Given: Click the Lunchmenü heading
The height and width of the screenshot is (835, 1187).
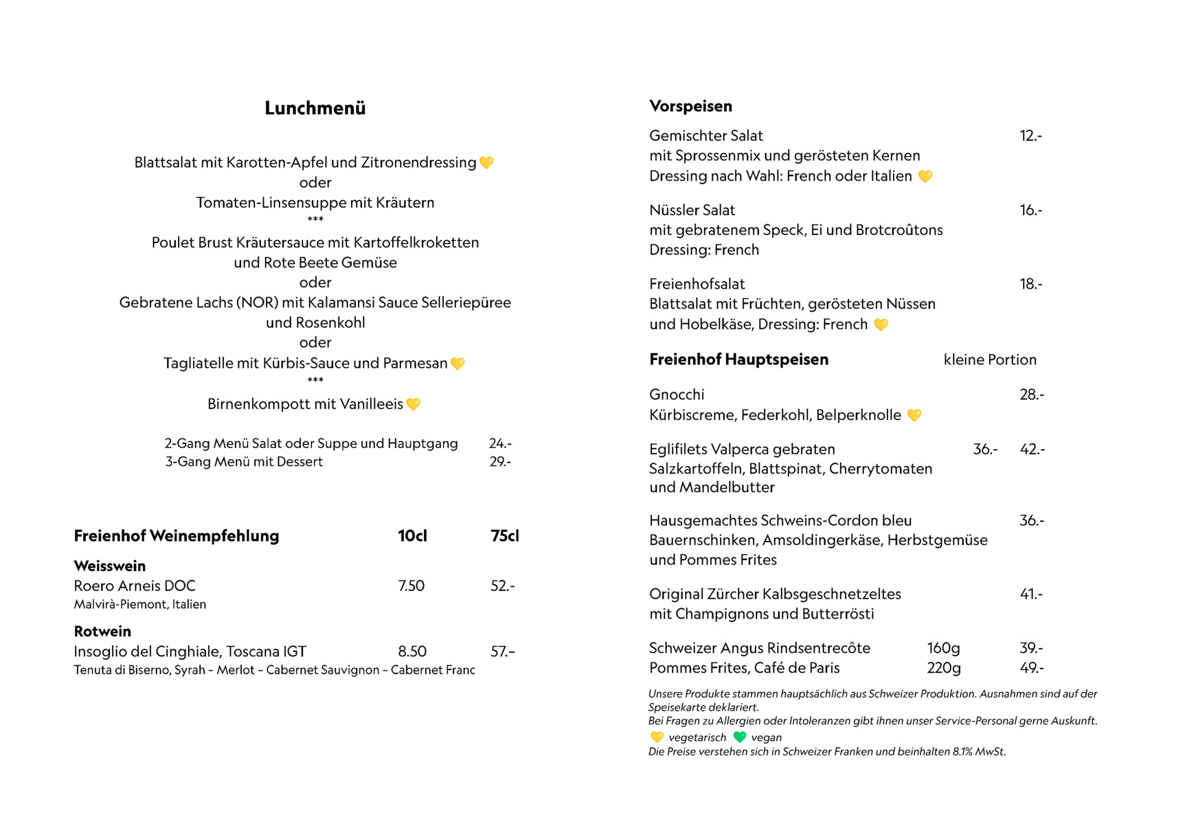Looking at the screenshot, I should click(x=315, y=109).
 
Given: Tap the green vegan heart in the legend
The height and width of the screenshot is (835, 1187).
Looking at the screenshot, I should click(x=739, y=737).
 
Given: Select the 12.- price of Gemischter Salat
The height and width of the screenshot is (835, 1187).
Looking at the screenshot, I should click(x=1030, y=136).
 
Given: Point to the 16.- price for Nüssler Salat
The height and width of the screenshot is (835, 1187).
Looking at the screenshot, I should click(x=1030, y=210).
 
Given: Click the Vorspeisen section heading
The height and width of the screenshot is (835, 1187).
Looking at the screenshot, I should click(x=690, y=107).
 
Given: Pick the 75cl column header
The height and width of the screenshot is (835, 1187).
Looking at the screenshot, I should click(x=505, y=536).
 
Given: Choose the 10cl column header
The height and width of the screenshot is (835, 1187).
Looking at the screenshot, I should click(x=412, y=536).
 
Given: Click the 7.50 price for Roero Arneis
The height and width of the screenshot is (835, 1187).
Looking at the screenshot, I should click(x=411, y=586).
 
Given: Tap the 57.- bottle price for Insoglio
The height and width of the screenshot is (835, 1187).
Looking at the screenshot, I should click(x=503, y=652).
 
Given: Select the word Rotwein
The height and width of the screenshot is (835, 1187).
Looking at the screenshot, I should click(x=102, y=632).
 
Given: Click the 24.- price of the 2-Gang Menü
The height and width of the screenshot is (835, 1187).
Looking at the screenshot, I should click(x=500, y=444).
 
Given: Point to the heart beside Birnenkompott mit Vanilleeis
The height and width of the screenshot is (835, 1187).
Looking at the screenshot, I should click(x=414, y=404).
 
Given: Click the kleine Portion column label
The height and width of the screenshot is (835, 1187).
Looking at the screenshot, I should click(x=990, y=360).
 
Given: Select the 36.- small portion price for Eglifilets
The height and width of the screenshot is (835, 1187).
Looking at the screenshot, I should click(x=985, y=449).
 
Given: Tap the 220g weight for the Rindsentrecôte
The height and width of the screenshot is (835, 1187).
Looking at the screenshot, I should click(x=944, y=668).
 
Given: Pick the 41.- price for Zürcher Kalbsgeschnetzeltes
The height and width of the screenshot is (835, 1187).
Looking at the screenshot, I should click(x=1031, y=594).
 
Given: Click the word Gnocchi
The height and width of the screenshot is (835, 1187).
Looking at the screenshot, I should click(x=677, y=395).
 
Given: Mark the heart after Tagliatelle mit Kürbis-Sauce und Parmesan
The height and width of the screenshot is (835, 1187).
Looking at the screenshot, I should click(x=457, y=364).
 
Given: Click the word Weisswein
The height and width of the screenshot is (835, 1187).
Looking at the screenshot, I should click(x=110, y=566).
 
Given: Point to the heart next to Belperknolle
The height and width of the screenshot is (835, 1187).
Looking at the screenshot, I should click(x=914, y=415).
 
